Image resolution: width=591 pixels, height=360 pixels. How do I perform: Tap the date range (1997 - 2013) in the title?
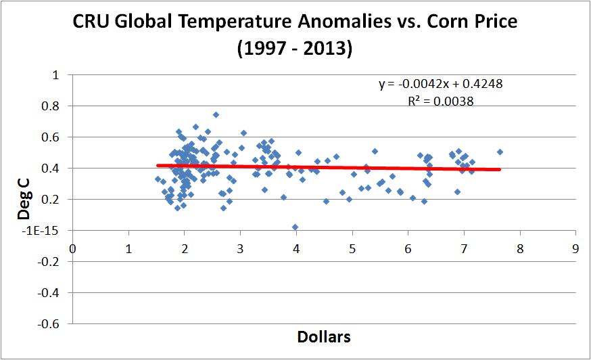(x=295, y=50)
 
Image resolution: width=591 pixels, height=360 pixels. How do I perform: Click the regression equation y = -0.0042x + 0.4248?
(x=440, y=85)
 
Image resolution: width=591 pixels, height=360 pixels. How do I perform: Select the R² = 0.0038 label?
(x=440, y=101)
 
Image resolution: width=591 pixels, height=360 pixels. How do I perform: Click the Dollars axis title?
(x=323, y=336)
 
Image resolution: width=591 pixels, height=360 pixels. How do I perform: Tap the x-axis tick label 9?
(x=575, y=248)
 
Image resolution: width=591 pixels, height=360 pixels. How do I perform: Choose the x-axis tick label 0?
(x=72, y=248)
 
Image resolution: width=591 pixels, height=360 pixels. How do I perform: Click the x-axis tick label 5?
(x=352, y=248)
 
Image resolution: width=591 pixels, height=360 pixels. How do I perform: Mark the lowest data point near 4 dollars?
(x=295, y=227)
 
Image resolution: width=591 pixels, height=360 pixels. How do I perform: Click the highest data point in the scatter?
(x=216, y=115)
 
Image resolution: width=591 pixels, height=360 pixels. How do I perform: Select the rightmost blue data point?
(x=500, y=152)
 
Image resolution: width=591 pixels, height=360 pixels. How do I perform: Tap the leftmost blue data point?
(x=158, y=179)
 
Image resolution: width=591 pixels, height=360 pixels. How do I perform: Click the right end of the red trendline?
(x=500, y=169)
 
